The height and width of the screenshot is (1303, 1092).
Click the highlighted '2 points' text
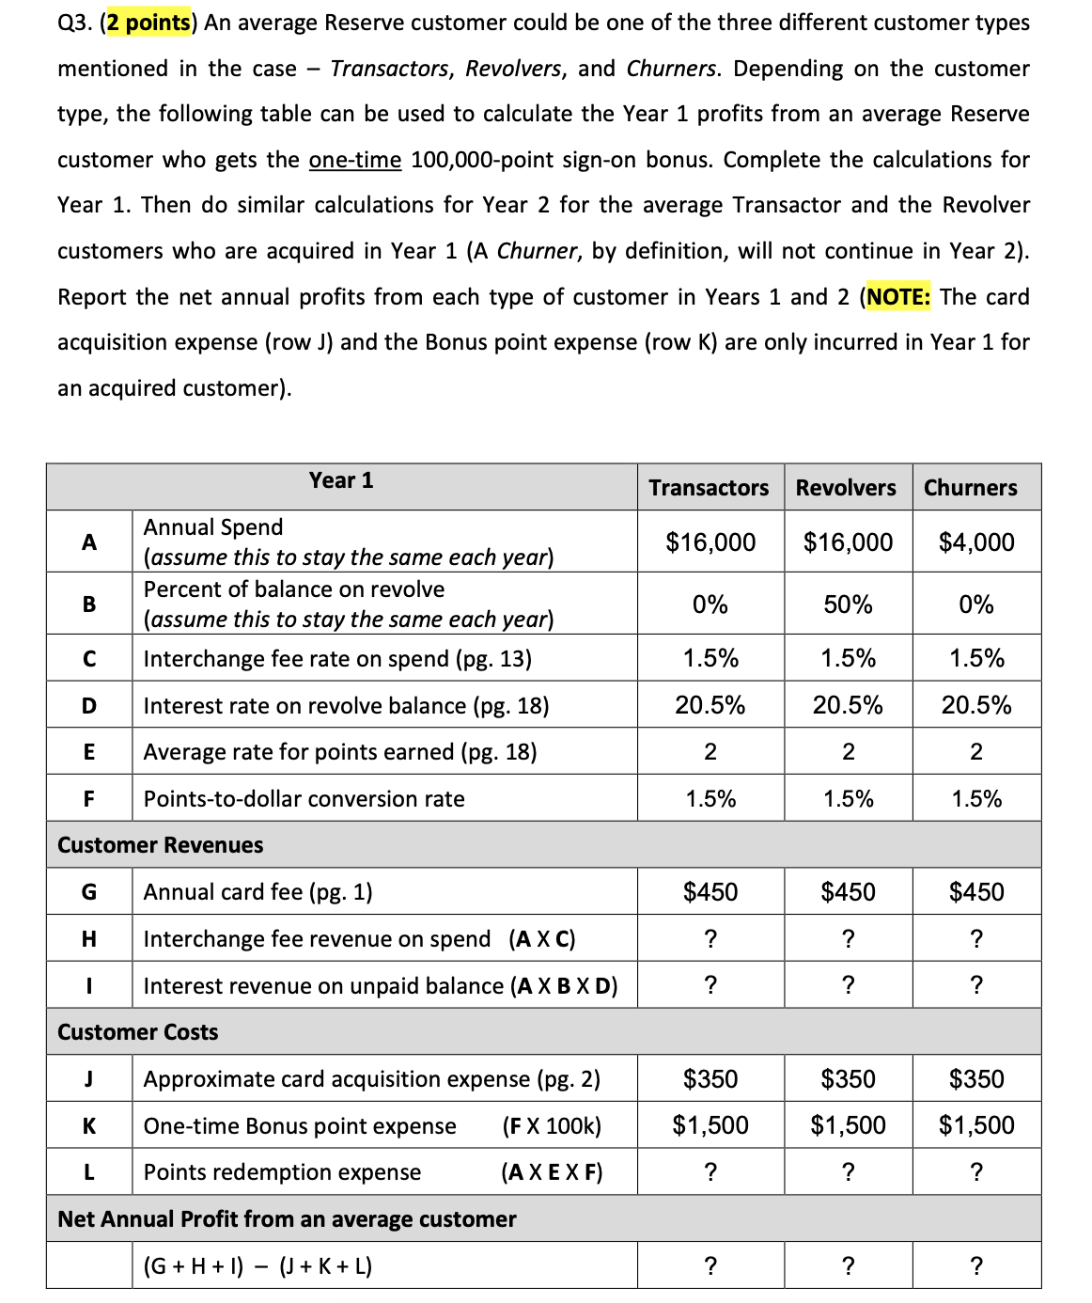tap(148, 23)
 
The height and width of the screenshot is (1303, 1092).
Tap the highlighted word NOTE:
tap(898, 297)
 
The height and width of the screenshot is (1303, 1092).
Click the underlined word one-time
tap(355, 160)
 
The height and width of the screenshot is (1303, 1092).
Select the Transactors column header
tap(709, 488)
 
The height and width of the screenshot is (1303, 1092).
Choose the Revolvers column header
tap(846, 488)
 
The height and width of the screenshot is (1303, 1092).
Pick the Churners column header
tap(970, 488)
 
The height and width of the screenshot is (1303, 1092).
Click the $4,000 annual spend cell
tap(976, 542)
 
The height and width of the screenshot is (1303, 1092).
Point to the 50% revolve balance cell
tap(848, 604)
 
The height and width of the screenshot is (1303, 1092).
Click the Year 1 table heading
tap(341, 480)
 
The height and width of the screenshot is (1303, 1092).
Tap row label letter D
tap(89, 705)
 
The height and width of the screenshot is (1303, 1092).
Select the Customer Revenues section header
tap(161, 845)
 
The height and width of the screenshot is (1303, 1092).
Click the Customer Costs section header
tap(138, 1032)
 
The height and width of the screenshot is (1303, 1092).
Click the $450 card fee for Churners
tap(976, 892)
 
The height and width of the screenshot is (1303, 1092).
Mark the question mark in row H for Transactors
tap(710, 939)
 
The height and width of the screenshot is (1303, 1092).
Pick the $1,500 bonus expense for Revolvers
tap(848, 1125)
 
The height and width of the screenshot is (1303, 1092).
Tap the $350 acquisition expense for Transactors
tap(710, 1079)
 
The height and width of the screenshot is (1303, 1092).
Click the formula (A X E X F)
tap(552, 1172)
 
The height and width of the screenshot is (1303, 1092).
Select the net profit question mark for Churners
tap(976, 1266)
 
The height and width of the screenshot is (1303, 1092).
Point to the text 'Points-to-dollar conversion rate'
tap(304, 799)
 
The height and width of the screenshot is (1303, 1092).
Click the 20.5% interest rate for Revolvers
tap(848, 705)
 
